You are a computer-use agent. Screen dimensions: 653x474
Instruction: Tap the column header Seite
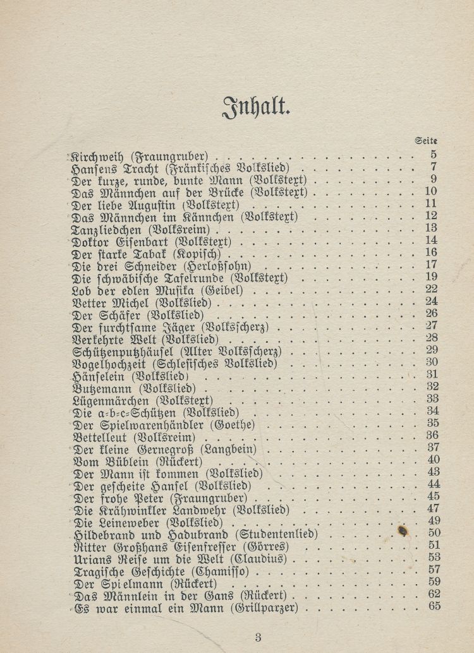427,141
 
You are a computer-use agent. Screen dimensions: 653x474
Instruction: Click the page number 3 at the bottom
258,637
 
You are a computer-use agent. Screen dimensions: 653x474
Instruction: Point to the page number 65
434,607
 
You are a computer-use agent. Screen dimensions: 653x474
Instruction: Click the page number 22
432,289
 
